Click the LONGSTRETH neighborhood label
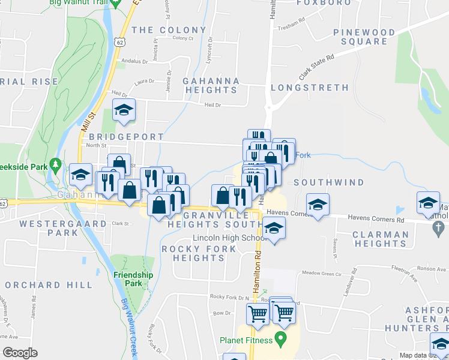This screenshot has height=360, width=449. (x=309, y=88)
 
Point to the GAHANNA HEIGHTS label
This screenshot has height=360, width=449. (x=211, y=85)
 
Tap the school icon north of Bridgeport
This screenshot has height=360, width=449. (x=124, y=110)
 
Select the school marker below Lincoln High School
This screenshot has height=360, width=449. (x=274, y=229)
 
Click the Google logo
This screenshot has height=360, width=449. (x=19, y=352)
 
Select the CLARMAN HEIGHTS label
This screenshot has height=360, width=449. (x=380, y=239)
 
